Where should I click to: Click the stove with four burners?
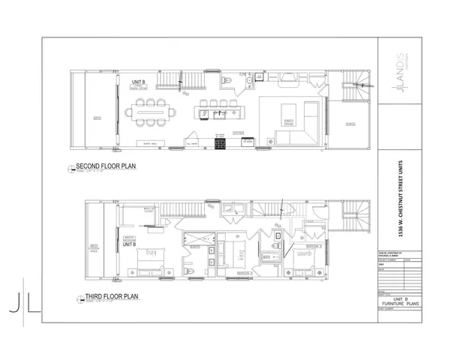tap(221, 142)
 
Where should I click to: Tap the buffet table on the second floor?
tap(151, 142)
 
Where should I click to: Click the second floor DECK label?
tap(97, 118)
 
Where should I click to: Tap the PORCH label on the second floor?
tap(350, 123)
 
